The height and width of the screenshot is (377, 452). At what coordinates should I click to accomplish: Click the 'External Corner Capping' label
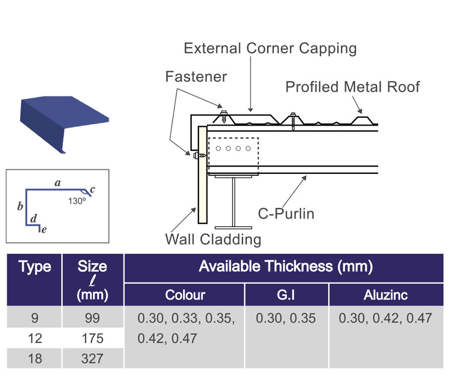click(270, 48)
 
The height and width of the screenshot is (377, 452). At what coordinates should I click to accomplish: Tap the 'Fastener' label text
click(196, 77)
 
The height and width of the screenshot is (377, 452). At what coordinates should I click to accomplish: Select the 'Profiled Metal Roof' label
click(353, 87)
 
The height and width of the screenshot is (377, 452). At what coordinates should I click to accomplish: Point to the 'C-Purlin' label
click(286, 214)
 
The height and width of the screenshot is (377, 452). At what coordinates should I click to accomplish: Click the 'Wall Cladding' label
click(213, 239)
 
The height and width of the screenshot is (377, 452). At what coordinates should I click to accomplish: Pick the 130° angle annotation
click(77, 200)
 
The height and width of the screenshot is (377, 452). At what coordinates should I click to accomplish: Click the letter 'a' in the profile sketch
click(58, 183)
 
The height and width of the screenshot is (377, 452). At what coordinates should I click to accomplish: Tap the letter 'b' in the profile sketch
click(20, 207)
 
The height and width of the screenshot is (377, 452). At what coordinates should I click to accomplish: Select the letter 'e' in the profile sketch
click(44, 230)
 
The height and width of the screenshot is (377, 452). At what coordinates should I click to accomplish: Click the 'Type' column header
click(35, 267)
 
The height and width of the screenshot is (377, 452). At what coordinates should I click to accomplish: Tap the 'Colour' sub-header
click(185, 295)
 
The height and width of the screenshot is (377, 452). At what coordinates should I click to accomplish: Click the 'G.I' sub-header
click(286, 295)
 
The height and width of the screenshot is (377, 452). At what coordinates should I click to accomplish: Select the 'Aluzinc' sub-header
click(385, 295)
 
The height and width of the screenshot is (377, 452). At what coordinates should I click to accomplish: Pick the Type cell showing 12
click(35, 338)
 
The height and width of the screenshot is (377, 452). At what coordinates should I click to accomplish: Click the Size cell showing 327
click(92, 358)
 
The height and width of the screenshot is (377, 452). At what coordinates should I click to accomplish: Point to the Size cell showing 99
click(92, 318)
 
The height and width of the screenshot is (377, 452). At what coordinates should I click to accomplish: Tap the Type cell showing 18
click(35, 358)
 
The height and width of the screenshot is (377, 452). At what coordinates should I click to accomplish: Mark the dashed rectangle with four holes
click(233, 149)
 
